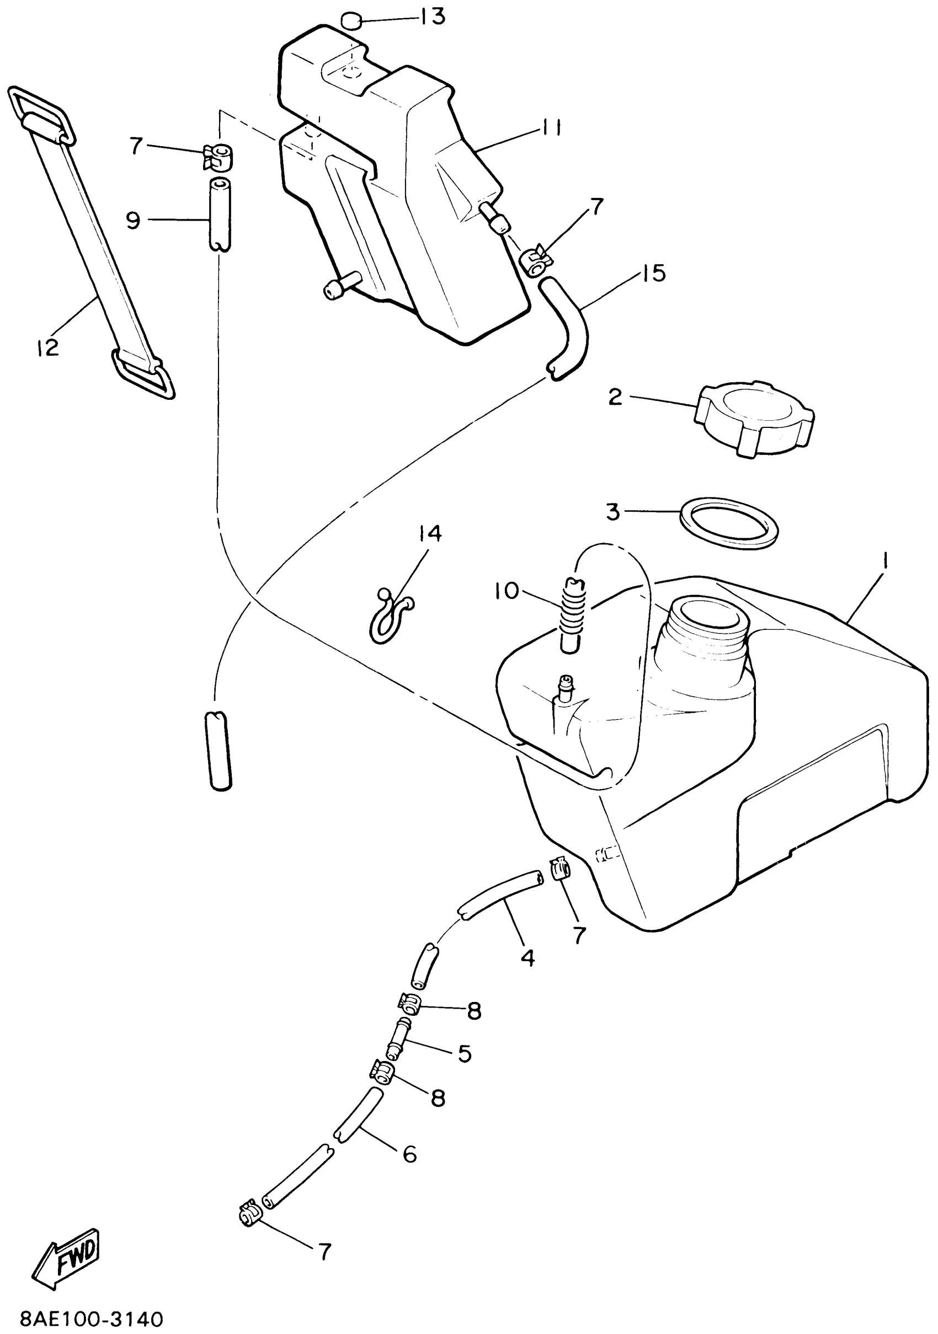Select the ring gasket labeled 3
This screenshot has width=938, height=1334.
[x=729, y=523]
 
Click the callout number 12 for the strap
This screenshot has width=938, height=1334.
[x=47, y=347]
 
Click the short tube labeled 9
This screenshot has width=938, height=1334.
[x=219, y=215]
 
